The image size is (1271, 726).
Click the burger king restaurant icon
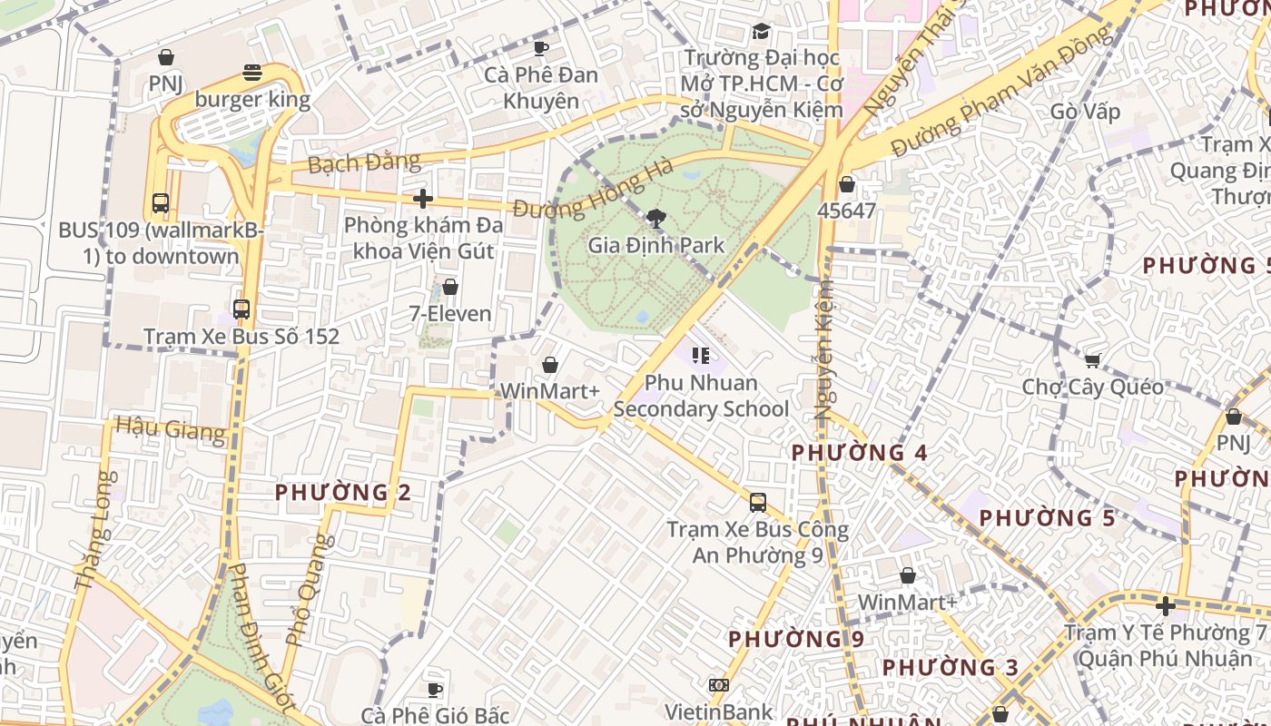pyautogui.click(x=252, y=74)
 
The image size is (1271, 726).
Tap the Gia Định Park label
pyautogui.click(x=656, y=245)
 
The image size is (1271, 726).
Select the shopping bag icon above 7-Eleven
pyautogui.click(x=449, y=288)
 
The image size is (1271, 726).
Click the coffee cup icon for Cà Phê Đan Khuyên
pyautogui.click(x=541, y=48)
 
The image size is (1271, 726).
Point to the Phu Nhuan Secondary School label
pyautogui.click(x=701, y=396)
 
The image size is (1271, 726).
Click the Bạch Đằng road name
pyautogui.click(x=364, y=163)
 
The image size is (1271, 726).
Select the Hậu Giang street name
pyautogui.click(x=171, y=428)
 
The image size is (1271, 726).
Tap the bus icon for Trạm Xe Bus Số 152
pyautogui.click(x=241, y=309)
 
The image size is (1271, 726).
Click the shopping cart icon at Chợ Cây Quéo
pyautogui.click(x=1093, y=360)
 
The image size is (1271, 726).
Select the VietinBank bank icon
pyautogui.click(x=719, y=685)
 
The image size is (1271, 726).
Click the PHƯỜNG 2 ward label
pyautogui.click(x=343, y=493)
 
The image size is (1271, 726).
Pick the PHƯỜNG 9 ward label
pyautogui.click(x=796, y=639)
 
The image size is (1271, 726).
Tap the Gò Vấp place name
pyautogui.click(x=1085, y=113)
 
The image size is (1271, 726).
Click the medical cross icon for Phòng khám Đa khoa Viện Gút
pyautogui.click(x=422, y=199)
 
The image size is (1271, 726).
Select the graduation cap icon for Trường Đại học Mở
pyautogui.click(x=761, y=32)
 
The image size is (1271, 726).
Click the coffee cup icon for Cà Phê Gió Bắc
pyautogui.click(x=435, y=690)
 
